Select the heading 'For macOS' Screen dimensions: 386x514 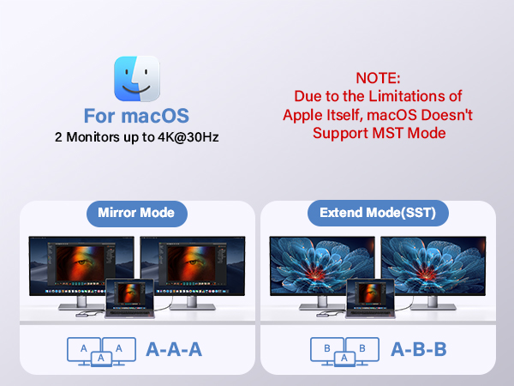coord(136,116)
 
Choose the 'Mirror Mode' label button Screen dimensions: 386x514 coord(136,213)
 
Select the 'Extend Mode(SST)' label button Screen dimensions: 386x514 coord(376,213)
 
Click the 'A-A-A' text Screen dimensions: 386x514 coord(175,349)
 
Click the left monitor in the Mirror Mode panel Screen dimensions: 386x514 coord(81,266)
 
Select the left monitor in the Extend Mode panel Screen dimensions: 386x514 coord(320,266)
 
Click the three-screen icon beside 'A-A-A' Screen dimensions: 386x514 coord(102,350)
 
